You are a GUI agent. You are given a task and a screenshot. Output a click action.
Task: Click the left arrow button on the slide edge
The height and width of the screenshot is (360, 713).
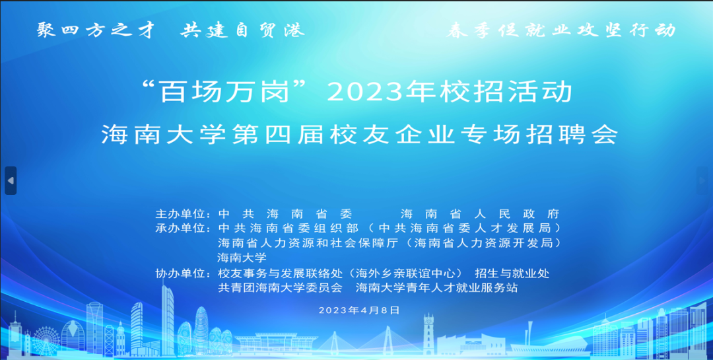[11, 181]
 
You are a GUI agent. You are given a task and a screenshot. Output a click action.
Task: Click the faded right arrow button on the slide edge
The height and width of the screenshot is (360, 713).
[702, 181]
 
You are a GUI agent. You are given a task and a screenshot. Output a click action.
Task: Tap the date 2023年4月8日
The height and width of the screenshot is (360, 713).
[358, 310]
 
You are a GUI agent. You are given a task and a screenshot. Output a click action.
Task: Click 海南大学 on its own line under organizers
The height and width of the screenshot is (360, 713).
[242, 258]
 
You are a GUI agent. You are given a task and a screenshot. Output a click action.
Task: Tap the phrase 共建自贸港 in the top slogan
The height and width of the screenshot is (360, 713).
[242, 30]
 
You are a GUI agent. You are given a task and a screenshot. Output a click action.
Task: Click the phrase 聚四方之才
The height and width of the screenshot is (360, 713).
[95, 30]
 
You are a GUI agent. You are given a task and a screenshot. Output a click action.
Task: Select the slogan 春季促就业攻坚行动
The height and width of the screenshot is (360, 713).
[561, 30]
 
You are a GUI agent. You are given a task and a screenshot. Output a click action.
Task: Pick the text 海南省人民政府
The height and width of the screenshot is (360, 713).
[480, 213]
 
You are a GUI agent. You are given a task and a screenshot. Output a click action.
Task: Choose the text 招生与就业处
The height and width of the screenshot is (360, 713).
[512, 274]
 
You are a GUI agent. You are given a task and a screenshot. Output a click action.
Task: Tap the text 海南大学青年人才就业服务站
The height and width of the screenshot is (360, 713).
[436, 287]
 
